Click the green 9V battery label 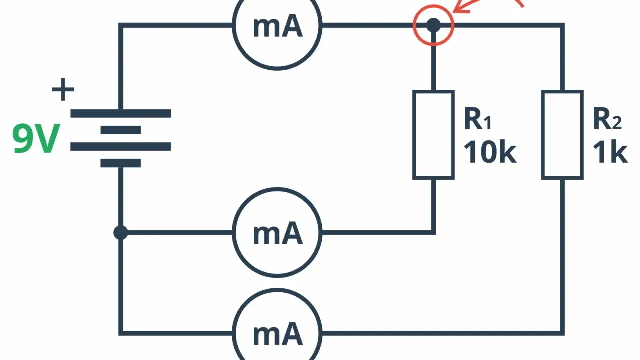click(x=36, y=138)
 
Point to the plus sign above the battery click(x=63, y=89)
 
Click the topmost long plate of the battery click(x=121, y=113)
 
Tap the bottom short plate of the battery click(x=121, y=163)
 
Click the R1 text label click(x=477, y=119)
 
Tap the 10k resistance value click(x=490, y=153)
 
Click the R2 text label click(x=607, y=119)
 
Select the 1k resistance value click(x=610, y=153)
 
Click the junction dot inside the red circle click(x=433, y=25)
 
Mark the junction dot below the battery click(x=121, y=233)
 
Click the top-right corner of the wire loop click(x=562, y=25)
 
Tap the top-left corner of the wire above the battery click(x=121, y=25)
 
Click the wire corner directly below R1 click(x=433, y=233)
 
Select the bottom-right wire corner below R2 click(x=562, y=333)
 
